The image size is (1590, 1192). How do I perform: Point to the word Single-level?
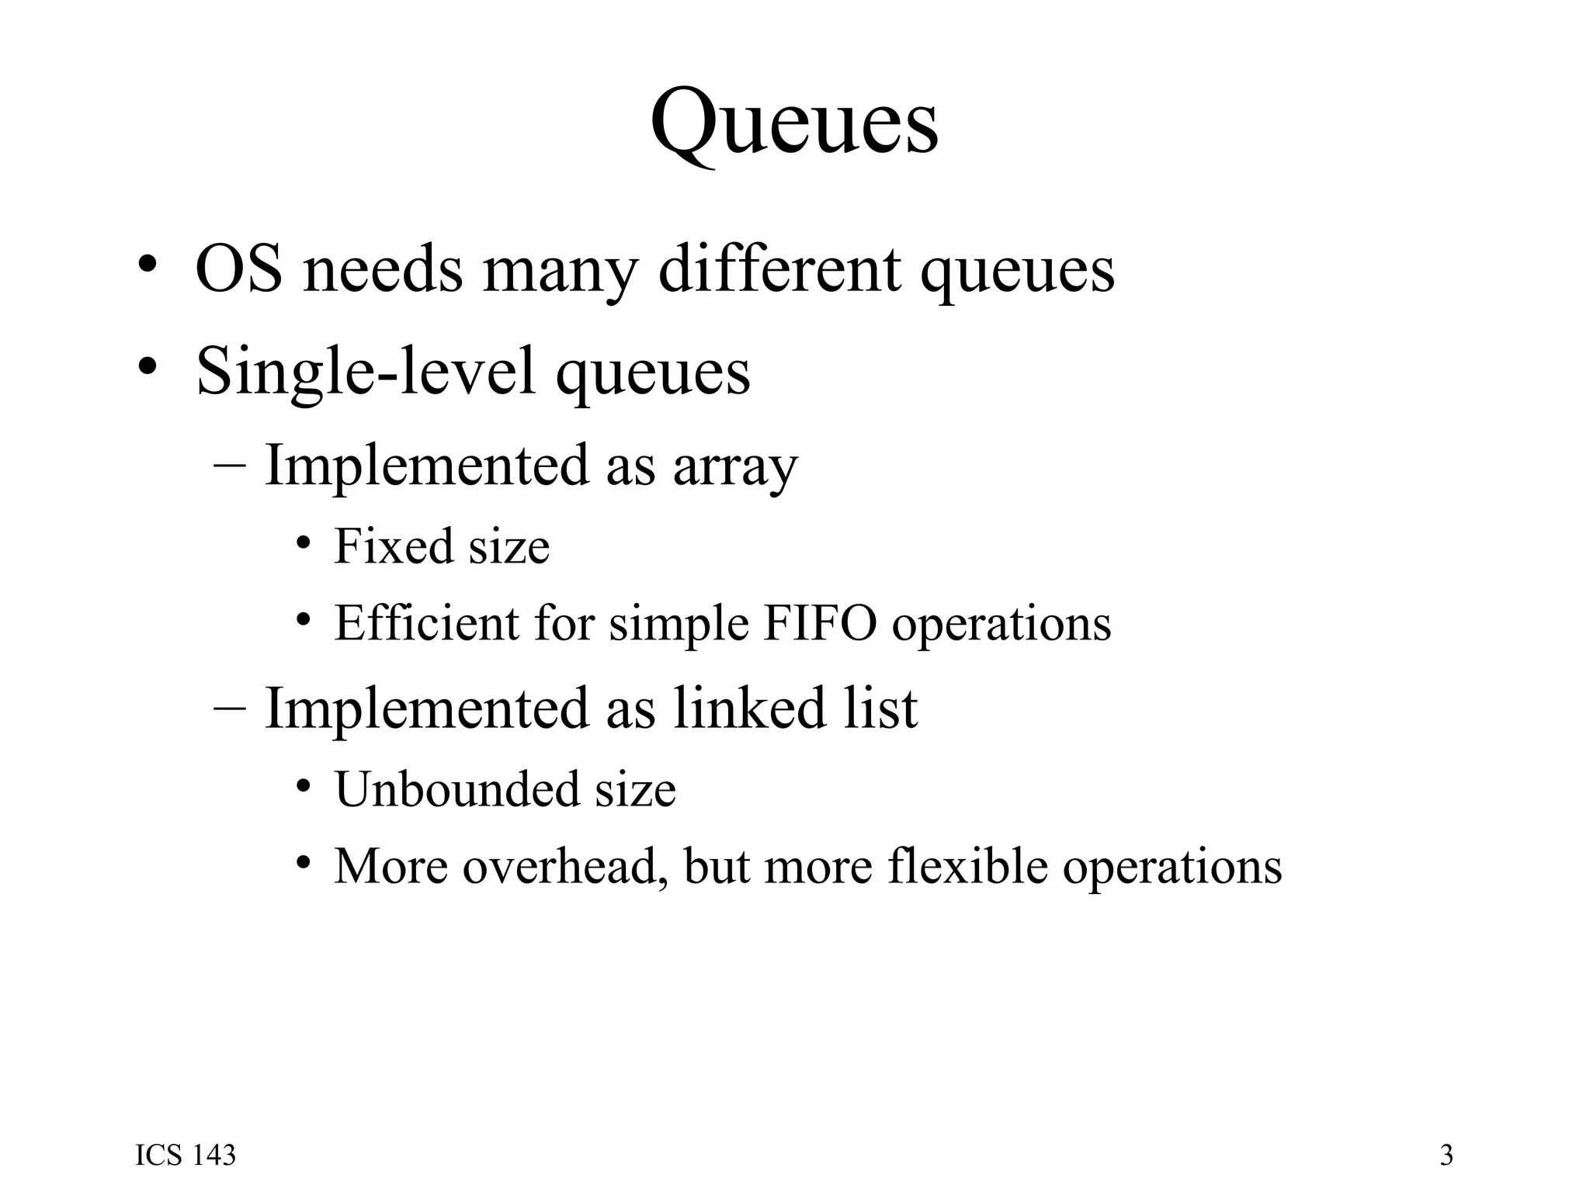(366, 371)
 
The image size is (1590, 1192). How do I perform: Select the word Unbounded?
(457, 789)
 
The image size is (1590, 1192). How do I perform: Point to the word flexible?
(967, 866)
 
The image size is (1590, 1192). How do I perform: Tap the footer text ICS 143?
(186, 1156)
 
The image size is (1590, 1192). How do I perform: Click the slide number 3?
(1446, 1156)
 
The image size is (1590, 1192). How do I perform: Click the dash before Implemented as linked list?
(229, 708)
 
